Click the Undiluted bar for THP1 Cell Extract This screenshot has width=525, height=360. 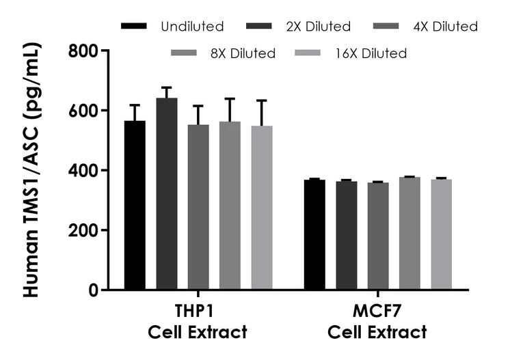135,205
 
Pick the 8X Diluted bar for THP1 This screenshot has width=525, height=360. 230,205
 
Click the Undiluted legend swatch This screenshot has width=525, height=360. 134,27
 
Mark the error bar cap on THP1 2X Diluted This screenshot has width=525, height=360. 167,87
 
